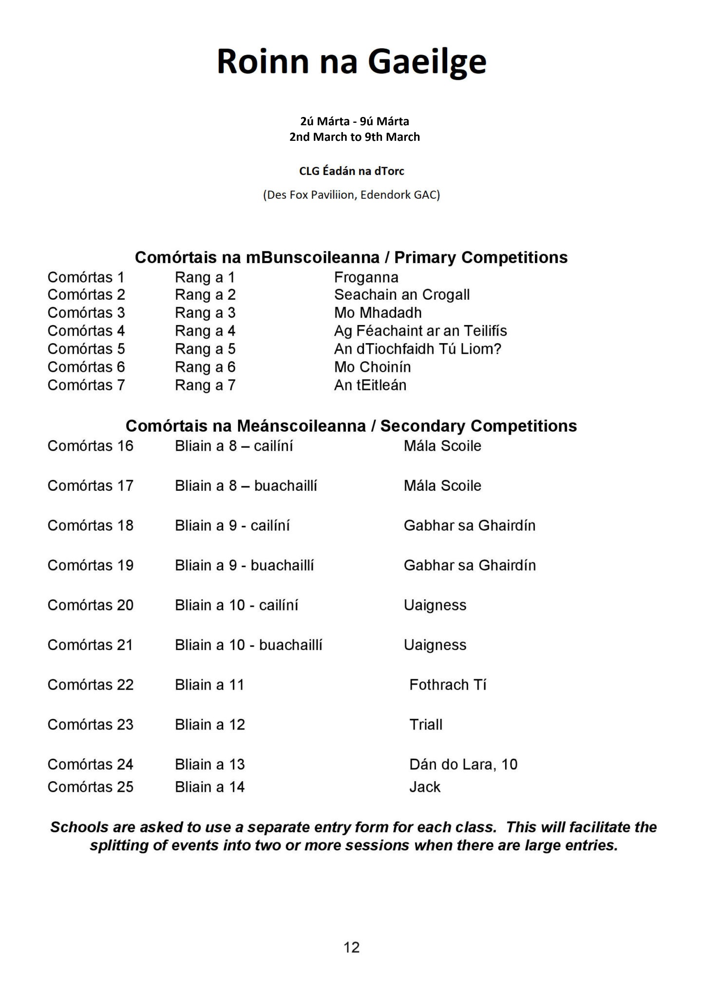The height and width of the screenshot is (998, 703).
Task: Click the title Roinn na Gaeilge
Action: (351, 62)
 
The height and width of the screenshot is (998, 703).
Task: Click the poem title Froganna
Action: (366, 277)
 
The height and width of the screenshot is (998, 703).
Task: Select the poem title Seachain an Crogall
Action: (401, 295)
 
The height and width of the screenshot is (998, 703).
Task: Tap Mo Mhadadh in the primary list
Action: (378, 312)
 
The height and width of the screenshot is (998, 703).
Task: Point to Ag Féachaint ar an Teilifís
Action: (420, 331)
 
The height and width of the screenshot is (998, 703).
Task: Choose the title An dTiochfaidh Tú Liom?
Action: (418, 349)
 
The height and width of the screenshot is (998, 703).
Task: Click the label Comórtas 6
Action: (86, 367)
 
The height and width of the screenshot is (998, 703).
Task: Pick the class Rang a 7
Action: (205, 385)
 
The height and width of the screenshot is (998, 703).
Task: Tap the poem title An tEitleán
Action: (370, 385)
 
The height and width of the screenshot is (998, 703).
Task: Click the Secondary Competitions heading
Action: (351, 426)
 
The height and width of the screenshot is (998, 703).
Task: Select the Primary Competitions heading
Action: (351, 257)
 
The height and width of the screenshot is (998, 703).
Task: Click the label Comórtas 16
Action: (90, 446)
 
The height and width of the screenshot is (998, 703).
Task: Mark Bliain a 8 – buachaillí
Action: (246, 486)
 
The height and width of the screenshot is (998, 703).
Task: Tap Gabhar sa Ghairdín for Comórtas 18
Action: (469, 525)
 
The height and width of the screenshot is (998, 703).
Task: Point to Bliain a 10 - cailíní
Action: (236, 605)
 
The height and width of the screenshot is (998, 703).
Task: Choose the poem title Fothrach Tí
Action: (448, 685)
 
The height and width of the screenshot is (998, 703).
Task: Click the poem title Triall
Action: (426, 725)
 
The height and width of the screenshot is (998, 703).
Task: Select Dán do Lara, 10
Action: (463, 764)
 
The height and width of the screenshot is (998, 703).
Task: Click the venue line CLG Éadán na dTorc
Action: (351, 171)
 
